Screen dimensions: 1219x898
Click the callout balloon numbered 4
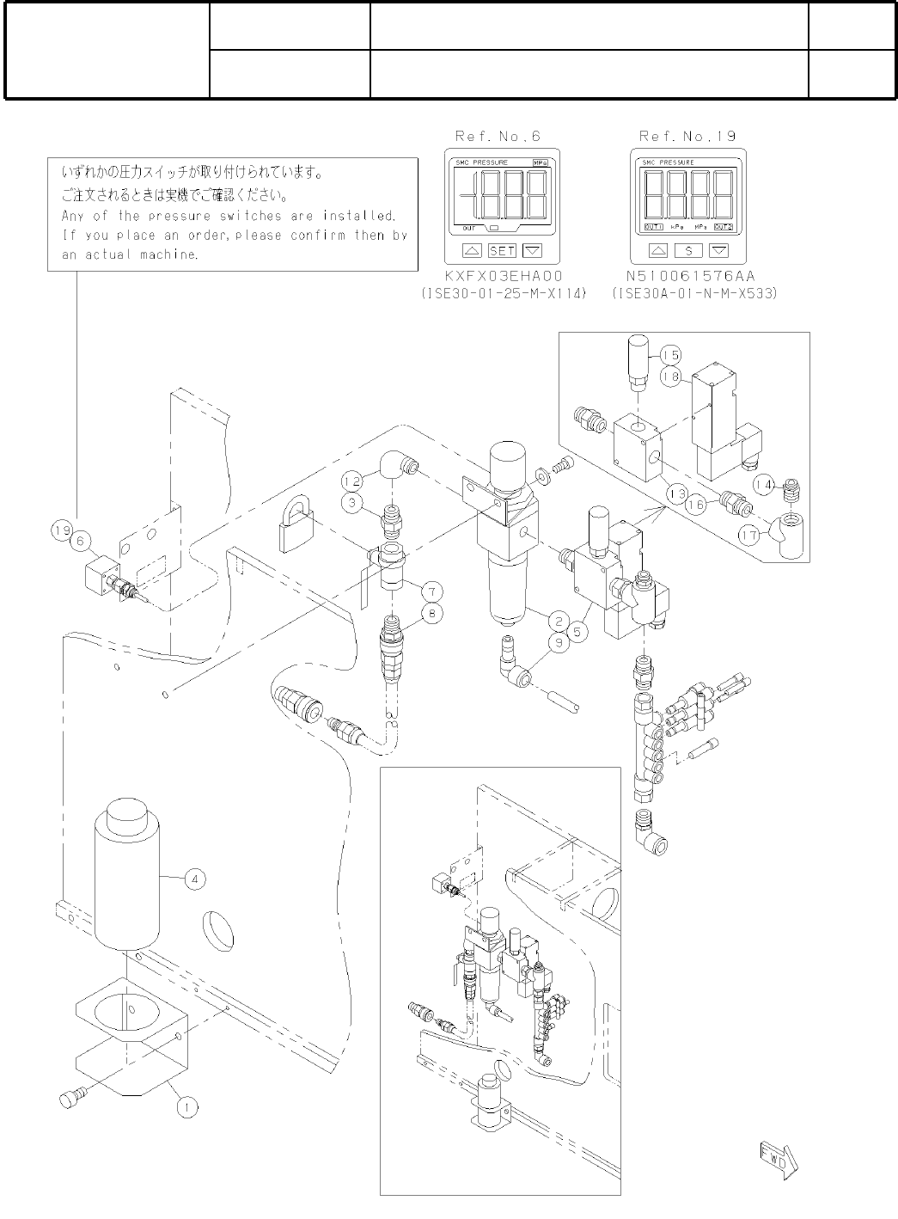[195, 879]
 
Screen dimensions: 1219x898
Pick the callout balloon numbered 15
[670, 355]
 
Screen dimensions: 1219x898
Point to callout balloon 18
[670, 376]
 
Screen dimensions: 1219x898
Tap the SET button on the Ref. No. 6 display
[502, 251]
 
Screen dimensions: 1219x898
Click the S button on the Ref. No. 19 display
[687, 251]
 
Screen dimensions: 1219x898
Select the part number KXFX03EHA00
[503, 277]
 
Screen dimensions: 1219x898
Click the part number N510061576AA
[694, 277]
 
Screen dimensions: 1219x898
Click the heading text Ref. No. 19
[687, 136]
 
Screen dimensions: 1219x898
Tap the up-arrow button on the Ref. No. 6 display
[472, 251]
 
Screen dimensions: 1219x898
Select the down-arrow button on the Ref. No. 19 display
[718, 251]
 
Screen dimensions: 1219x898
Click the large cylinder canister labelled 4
[127, 877]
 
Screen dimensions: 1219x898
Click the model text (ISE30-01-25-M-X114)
[504, 294]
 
